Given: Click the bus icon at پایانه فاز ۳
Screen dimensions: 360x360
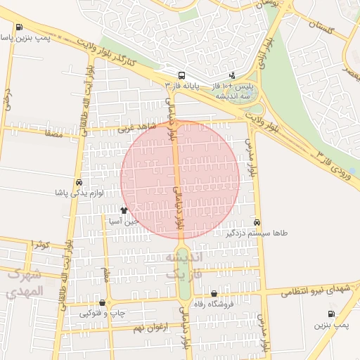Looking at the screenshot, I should [181, 75].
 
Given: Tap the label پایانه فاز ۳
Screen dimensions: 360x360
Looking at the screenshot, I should [182, 85].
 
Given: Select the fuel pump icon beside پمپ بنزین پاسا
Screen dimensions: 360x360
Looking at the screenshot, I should [18, 28].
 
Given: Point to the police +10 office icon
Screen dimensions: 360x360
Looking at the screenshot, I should [233, 75].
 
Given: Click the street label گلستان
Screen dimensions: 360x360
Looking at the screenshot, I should [319, 26].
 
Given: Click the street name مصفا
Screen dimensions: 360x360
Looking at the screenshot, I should [53, 131].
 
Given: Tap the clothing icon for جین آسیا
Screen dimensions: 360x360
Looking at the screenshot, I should [124, 210].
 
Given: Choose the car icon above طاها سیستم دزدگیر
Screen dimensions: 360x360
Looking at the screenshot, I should [257, 221].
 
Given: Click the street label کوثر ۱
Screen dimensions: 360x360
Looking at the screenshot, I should [40, 244].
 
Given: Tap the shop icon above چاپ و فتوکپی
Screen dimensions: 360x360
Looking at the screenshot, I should [103, 303].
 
